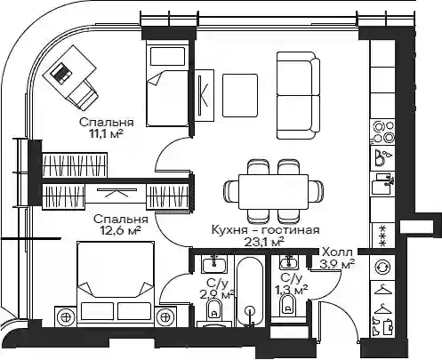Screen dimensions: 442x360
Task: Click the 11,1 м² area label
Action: [106, 134]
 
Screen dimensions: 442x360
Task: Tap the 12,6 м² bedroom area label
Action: [120, 230]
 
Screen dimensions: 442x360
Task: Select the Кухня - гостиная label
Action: [266, 230]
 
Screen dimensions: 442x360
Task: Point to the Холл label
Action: [337, 252]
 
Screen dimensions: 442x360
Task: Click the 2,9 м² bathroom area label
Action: [218, 295]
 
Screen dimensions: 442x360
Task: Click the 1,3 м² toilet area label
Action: [292, 290]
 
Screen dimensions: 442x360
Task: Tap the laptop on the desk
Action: [61, 72]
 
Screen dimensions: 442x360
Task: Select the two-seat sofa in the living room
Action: [299, 95]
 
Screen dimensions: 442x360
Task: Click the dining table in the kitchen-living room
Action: [274, 192]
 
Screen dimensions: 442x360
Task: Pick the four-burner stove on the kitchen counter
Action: [383, 132]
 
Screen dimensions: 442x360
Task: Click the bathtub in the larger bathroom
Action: [250, 292]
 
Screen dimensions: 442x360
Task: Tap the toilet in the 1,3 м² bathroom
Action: [287, 305]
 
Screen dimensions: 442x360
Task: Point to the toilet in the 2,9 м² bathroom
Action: [213, 308]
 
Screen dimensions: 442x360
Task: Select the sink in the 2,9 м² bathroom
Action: [214, 264]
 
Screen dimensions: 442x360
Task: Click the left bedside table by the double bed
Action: [66, 316]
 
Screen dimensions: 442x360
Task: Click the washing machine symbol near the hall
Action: [383, 268]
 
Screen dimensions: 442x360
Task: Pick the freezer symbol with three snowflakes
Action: [383, 236]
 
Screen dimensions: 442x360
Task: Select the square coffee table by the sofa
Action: [240, 95]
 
